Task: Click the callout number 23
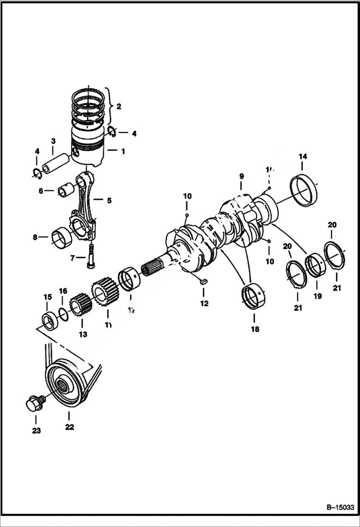(x=36, y=430)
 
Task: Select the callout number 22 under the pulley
(x=70, y=427)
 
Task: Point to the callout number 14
(x=303, y=157)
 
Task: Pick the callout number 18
(x=255, y=330)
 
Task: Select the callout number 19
(x=317, y=296)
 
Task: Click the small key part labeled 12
(x=203, y=282)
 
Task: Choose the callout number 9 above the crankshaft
(x=241, y=177)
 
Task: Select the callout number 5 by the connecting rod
(x=109, y=200)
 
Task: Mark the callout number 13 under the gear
(x=83, y=334)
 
